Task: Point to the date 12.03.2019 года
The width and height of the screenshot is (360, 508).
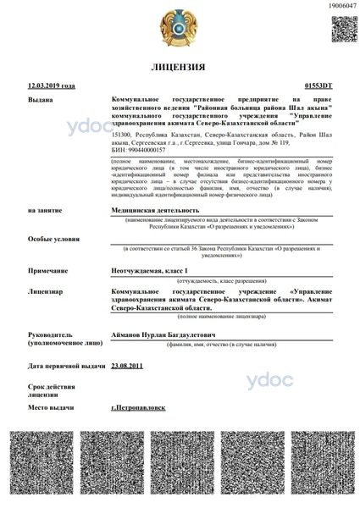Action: tap(52, 86)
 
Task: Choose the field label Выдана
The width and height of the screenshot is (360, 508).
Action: tap(41, 99)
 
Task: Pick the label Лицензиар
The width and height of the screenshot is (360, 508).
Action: tap(46, 290)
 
